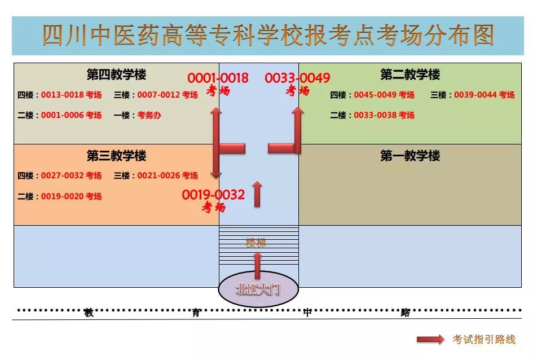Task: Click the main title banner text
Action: point(268,35)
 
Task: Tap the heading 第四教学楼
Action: point(116,74)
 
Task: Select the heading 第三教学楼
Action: point(116,156)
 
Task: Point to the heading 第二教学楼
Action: point(410,74)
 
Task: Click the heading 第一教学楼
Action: point(410,156)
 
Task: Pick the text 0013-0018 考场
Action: point(71,95)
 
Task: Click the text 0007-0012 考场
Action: point(168,95)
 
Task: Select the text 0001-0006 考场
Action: point(71,115)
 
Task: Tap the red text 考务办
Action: point(149,115)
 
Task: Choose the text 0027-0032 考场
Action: point(71,175)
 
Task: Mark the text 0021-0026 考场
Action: point(168,175)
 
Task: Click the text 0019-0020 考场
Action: point(71,196)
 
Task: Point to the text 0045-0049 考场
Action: point(384,95)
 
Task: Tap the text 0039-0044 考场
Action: point(484,95)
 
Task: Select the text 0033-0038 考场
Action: point(384,115)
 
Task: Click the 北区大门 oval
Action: point(258,289)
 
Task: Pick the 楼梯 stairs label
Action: point(256,243)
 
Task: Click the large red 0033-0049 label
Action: point(297,78)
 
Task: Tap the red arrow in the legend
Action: point(430,339)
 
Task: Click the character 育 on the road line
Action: point(196,313)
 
